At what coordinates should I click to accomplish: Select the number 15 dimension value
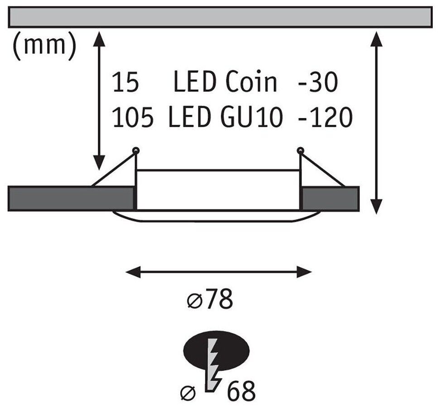(x=127, y=83)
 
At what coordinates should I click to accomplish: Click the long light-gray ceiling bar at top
(x=220, y=17)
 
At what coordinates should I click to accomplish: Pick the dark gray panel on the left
(x=72, y=198)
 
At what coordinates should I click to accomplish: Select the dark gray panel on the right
(x=330, y=198)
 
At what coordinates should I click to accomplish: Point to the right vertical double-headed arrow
(x=375, y=122)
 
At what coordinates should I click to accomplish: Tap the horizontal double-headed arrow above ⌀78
(x=219, y=272)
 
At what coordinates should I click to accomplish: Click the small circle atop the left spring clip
(x=135, y=150)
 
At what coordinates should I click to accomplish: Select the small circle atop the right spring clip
(x=300, y=150)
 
